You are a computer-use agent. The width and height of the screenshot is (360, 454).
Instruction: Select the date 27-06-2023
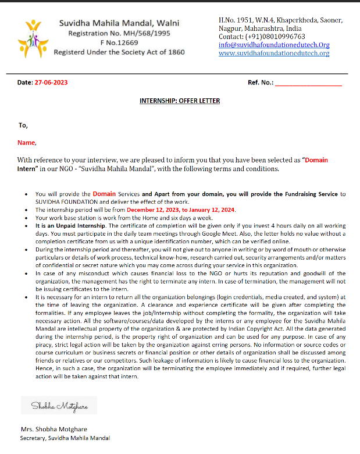(51, 83)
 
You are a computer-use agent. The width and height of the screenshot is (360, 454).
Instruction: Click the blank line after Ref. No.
(308, 83)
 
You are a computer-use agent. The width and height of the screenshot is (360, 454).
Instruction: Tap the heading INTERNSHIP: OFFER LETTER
(180, 101)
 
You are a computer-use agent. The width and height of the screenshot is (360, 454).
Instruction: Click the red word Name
(26, 143)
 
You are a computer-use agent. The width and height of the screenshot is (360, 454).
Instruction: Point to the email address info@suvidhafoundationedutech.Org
(274, 45)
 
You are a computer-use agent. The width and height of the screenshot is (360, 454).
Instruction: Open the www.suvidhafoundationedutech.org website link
(274, 53)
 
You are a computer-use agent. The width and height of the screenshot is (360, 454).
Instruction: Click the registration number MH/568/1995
(153, 33)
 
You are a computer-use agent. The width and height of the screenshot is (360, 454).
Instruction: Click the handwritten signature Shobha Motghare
(58, 406)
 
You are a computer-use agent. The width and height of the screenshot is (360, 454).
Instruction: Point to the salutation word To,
(23, 125)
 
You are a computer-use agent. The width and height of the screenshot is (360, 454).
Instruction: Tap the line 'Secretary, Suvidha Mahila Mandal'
(65, 438)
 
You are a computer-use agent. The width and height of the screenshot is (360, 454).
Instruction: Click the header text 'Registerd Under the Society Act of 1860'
(119, 52)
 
